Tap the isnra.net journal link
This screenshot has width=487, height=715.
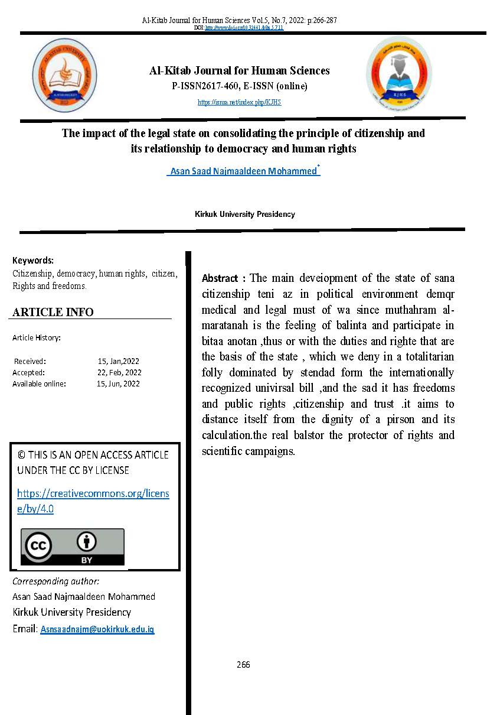[x=240, y=102]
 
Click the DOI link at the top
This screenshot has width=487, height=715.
[x=244, y=28]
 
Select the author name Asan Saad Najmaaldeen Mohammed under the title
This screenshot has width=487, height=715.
[x=243, y=172]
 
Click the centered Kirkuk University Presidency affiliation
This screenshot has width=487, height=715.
[x=244, y=214]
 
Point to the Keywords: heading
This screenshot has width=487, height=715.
[x=33, y=260]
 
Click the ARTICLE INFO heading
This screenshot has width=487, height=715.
[x=53, y=312]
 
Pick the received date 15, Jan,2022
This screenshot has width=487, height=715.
[x=118, y=361]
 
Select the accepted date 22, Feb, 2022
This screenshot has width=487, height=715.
[x=119, y=372]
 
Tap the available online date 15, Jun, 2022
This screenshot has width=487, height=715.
[x=118, y=383]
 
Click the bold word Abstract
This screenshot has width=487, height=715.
[x=220, y=278]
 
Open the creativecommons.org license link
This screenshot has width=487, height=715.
[x=93, y=500]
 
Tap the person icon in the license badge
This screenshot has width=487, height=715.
[x=87, y=541]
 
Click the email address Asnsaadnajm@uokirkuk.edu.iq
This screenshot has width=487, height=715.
[x=97, y=630]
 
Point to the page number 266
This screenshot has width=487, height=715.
[x=243, y=664]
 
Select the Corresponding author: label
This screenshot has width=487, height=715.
[x=55, y=581]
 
